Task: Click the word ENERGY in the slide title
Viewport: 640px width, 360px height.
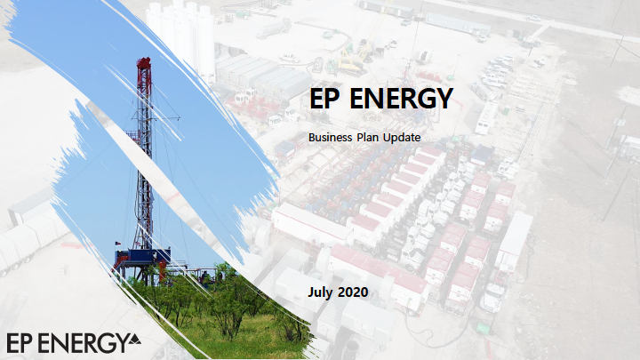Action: (x=401, y=98)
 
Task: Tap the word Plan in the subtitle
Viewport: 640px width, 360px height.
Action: (x=367, y=137)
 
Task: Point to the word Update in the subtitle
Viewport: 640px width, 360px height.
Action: (x=402, y=138)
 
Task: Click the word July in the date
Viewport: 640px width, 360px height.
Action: (x=320, y=292)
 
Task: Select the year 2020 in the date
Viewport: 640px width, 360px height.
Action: (x=353, y=292)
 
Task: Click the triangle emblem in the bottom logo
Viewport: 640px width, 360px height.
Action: (x=134, y=340)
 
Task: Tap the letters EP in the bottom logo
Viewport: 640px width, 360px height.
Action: (x=20, y=343)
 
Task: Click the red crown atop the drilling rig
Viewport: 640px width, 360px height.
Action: (x=143, y=64)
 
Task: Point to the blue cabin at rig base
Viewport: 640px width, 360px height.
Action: (x=143, y=256)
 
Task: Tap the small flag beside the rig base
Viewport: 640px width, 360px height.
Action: (x=118, y=244)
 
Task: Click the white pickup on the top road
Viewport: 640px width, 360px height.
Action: (x=532, y=19)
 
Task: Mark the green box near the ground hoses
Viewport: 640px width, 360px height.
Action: (x=484, y=327)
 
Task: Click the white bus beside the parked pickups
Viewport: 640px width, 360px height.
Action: (x=485, y=119)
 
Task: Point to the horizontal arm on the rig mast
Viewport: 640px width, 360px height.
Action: (x=155, y=119)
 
